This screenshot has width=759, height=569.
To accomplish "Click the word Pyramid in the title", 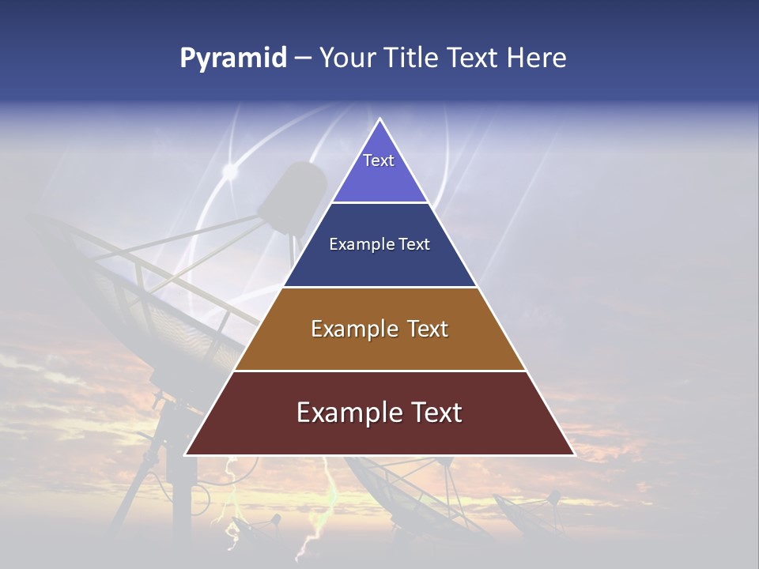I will coord(233,58).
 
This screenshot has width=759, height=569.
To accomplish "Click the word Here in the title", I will coord(537,58).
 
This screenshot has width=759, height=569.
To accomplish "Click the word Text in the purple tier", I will coord(379,160).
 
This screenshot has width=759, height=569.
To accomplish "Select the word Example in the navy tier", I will coord(357,245).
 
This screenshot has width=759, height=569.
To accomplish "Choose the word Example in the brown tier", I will coord(352,329).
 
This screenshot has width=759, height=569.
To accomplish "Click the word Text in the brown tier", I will coord(428,329).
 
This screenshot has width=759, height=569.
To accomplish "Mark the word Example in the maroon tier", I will coord(345,413).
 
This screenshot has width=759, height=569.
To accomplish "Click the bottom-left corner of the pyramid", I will coord(186,454).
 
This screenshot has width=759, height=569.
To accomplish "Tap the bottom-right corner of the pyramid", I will coord(574,454).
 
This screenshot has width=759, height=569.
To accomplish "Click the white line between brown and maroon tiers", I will coord(380,371).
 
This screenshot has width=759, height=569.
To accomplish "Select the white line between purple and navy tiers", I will coord(380,202).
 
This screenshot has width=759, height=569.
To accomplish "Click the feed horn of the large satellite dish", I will coord(293,198).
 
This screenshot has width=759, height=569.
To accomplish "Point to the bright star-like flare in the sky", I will coord(230,170).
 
